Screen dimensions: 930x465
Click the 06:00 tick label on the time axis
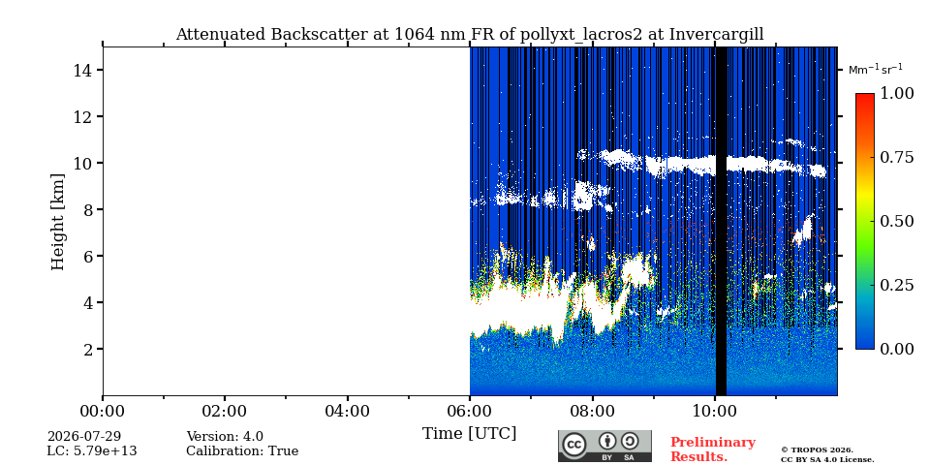click(470, 411)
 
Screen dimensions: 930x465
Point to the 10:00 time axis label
click(715, 411)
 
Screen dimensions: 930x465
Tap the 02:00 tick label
click(225, 411)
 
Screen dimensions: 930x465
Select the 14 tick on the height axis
click(80, 70)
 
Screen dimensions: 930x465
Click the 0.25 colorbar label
click(897, 285)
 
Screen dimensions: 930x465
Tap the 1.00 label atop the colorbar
click(897, 93)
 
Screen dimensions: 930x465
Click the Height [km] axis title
click(57, 222)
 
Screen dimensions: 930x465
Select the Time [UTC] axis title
click(469, 434)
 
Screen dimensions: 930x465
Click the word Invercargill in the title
click(717, 35)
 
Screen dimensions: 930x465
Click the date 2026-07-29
click(84, 437)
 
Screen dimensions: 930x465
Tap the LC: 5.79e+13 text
click(92, 451)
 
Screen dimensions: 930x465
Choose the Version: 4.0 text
click(225, 437)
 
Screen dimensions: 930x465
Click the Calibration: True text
click(242, 451)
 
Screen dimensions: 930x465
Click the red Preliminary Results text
click(713, 449)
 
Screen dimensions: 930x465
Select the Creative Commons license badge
click(604, 446)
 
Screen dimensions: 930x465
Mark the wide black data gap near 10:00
click(721, 221)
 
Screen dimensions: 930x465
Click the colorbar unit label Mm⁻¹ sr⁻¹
click(876, 70)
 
